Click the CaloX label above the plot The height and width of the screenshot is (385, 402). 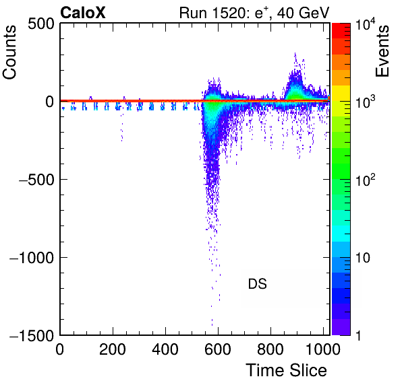pyautogui.click(x=82, y=13)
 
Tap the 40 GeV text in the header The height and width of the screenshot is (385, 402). pyautogui.click(x=303, y=13)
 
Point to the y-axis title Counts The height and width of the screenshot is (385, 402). pyautogui.click(x=9, y=52)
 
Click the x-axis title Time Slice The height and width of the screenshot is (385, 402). pyautogui.click(x=287, y=370)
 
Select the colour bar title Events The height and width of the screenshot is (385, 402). pyautogui.click(x=382, y=51)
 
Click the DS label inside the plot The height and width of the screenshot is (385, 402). pyautogui.click(x=258, y=284)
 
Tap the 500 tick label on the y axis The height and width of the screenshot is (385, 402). pyautogui.click(x=41, y=24)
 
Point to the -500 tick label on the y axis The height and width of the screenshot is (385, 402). pyautogui.click(x=36, y=180)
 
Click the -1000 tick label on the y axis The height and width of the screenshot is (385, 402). pyautogui.click(x=32, y=258)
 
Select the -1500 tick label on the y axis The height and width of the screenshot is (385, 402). pyautogui.click(x=32, y=335)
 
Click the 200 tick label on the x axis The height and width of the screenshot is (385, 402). pyautogui.click(x=113, y=349)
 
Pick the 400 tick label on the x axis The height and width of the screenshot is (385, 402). pyautogui.click(x=165, y=349)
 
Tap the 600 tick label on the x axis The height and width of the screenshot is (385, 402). pyautogui.click(x=218, y=349)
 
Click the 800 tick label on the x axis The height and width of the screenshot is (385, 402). pyautogui.click(x=270, y=349)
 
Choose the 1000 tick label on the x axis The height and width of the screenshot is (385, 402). pyautogui.click(x=323, y=349)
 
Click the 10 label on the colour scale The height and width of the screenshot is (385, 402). pyautogui.click(x=363, y=258)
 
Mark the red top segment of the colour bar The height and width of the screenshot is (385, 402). pyautogui.click(x=341, y=31)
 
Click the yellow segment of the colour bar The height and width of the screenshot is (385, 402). pyautogui.click(x=341, y=93)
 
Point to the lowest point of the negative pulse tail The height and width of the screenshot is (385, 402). pyautogui.click(x=212, y=325)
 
